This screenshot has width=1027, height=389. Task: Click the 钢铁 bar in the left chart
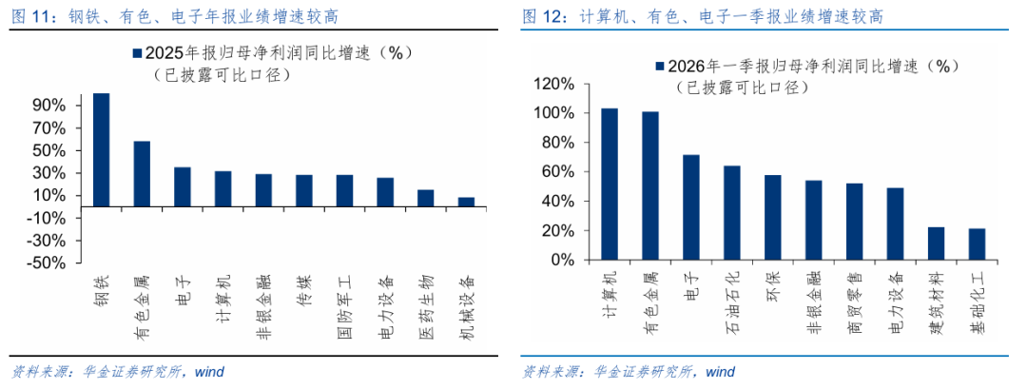[101, 149]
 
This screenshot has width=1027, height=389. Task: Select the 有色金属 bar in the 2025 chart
[141, 173]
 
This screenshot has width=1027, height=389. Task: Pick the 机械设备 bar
[466, 202]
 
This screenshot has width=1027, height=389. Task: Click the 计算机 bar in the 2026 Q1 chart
[610, 184]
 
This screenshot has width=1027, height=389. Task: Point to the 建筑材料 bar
[937, 243]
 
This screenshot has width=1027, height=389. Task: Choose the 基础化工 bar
[978, 244]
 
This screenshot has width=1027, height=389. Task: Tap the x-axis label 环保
[772, 287]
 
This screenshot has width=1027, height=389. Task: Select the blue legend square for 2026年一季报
[658, 67]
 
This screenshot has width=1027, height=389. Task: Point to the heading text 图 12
[539, 16]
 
